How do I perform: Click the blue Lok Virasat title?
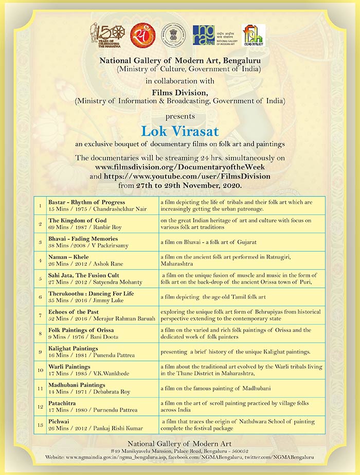pyautogui.click(x=179, y=128)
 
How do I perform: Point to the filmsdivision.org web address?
pyautogui.click(x=180, y=168)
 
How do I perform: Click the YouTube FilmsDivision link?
pyautogui.click(x=187, y=176)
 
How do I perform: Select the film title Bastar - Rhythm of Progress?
pyautogui.click(x=86, y=203)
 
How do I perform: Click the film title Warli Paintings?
pyautogui.click(x=70, y=366)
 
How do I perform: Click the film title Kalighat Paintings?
pyautogui.click(x=73, y=348)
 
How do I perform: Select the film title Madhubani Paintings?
pyautogui.click(x=77, y=385)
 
